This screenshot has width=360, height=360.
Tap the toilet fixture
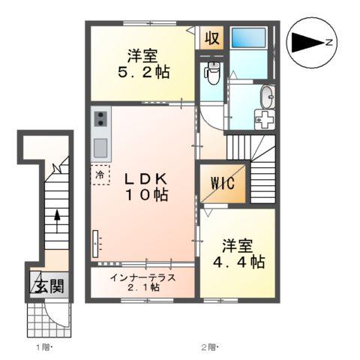212,73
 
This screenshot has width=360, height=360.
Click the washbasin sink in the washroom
266,96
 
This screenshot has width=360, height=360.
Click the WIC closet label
223,183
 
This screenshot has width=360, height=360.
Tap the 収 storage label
212,38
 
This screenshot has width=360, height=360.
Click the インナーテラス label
142,277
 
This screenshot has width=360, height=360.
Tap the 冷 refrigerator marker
100,175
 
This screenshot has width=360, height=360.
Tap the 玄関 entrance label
46,286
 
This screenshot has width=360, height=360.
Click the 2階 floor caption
208,347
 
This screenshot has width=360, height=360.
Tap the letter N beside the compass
331,43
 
